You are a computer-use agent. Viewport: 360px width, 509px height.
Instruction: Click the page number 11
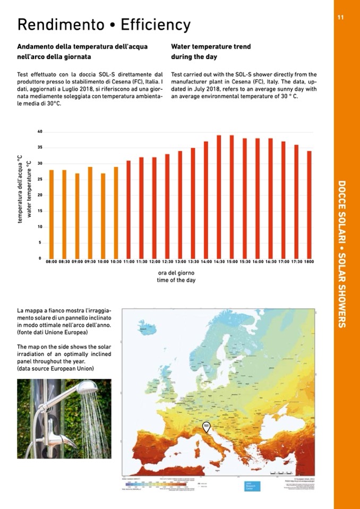pos(340,18)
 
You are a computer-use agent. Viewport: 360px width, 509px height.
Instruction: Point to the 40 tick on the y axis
pos(40,131)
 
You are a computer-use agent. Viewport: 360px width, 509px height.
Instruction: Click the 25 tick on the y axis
pos(40,179)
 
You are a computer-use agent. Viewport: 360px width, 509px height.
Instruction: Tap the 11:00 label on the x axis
pos(128,262)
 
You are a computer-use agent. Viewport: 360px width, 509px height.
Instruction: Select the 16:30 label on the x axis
pos(270,262)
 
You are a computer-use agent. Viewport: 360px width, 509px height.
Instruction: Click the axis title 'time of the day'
pos(180,280)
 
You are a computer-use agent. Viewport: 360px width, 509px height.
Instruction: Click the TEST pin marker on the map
pos(207,426)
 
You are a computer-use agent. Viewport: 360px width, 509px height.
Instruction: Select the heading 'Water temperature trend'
pos(211,47)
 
